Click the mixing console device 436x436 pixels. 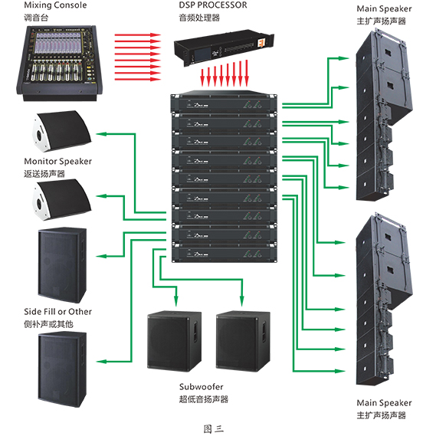(60, 63)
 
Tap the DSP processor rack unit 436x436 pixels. (224, 48)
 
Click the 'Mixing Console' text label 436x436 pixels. (55, 5)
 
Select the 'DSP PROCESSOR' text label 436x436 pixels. (213, 5)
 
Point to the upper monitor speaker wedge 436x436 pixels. (62, 131)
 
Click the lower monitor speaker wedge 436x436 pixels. (62, 200)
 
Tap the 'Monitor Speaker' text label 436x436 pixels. (57, 162)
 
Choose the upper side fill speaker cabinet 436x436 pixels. (62, 264)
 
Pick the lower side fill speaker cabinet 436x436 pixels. (62, 369)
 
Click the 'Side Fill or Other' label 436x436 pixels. (57, 312)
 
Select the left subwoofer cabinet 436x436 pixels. (175, 341)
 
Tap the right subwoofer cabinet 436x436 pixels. (243, 341)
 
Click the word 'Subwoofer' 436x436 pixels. (202, 387)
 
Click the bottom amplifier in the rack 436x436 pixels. (224, 252)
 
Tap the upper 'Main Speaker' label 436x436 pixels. (384, 9)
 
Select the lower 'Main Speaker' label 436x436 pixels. (384, 403)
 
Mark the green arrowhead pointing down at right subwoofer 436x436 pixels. (242, 301)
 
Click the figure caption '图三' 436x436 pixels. (214, 428)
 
